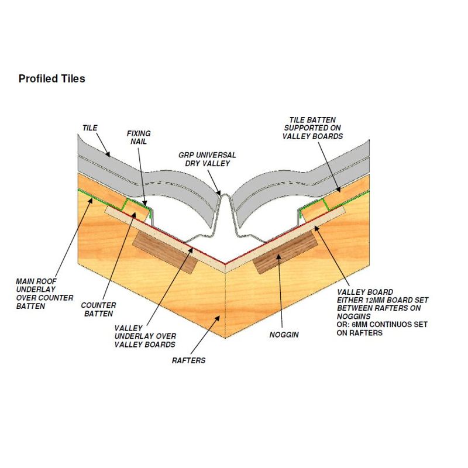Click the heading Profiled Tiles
(51, 78)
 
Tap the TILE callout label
(89, 127)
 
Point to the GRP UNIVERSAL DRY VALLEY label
(208, 159)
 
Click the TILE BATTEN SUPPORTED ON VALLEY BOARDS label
(313, 127)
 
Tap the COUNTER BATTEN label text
(98, 309)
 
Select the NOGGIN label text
(285, 335)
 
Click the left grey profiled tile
(146, 175)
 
